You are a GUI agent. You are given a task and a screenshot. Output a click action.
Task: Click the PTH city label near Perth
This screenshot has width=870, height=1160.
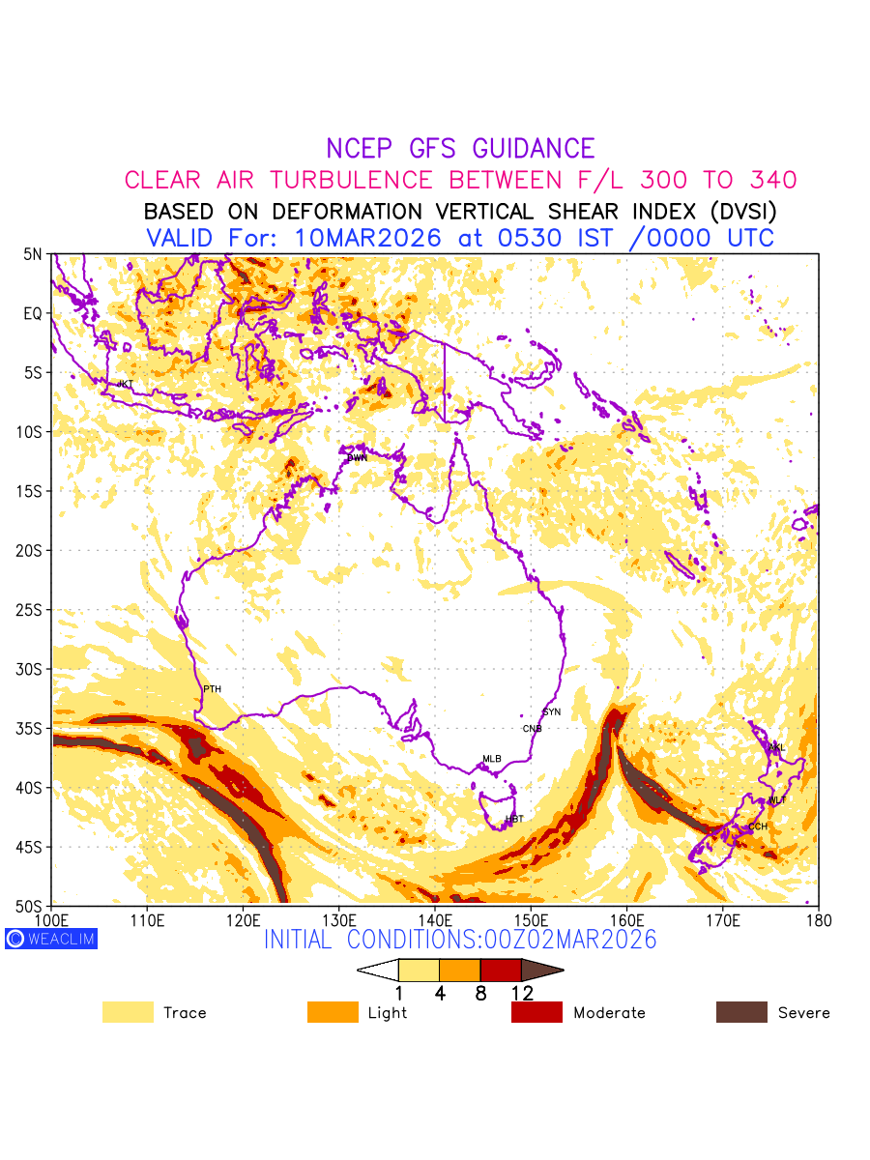(212, 689)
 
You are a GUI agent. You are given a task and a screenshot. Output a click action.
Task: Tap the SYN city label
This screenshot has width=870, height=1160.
(551, 711)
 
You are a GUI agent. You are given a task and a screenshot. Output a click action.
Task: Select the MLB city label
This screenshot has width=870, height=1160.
(492, 759)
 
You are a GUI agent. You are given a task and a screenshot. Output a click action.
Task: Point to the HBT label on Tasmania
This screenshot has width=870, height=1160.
(514, 820)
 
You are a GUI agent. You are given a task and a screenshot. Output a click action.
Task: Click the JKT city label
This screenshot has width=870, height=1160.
(125, 385)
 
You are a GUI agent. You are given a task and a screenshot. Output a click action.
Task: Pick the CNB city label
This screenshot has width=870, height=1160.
(532, 729)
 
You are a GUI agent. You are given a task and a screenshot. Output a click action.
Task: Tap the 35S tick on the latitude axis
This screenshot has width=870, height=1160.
(32, 729)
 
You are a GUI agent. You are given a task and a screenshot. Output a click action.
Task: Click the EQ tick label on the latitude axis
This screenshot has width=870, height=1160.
(33, 313)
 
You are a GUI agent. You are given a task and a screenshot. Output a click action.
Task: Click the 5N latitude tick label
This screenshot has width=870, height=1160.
(33, 254)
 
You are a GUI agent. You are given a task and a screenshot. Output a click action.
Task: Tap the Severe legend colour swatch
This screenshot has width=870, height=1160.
(741, 1012)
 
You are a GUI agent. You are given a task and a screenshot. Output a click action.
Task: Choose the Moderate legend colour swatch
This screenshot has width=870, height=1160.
(536, 1012)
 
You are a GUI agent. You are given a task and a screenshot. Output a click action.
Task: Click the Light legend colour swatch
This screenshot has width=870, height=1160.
(333, 1012)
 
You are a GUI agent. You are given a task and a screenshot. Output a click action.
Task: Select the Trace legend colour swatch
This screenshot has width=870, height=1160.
(128, 1012)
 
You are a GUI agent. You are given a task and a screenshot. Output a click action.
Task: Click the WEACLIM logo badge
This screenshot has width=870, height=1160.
(51, 939)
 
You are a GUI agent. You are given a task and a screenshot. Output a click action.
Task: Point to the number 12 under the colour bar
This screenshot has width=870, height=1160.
(521, 993)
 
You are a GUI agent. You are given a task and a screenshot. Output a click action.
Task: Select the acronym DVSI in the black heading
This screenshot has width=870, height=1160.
(734, 211)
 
